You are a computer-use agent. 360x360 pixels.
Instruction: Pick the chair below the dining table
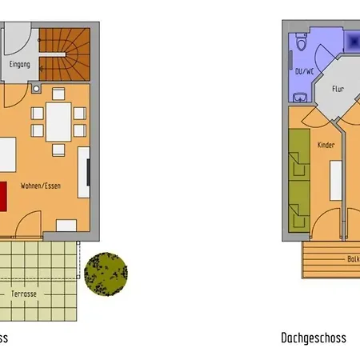pos(59,150)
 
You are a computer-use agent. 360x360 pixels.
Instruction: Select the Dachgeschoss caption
pos(314,338)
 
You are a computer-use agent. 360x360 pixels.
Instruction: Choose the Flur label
pos(338,90)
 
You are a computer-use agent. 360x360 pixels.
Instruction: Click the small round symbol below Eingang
pos(37,86)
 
